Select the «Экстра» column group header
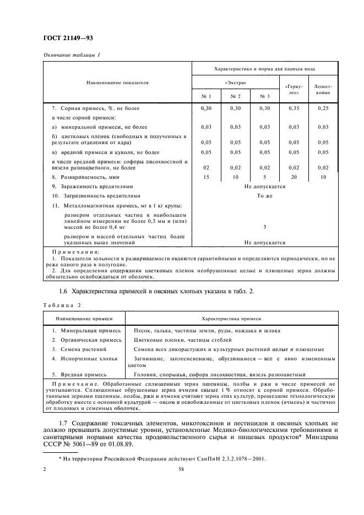[x=235, y=83]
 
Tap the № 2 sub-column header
[x=235, y=96]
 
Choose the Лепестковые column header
[x=323, y=89]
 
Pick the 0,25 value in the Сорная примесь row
[x=323, y=108]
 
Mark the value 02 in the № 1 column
[x=206, y=167]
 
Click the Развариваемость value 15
[x=206, y=177]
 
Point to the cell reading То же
[x=264, y=195]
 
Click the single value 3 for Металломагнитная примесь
[x=264, y=227]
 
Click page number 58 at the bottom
[x=181, y=469]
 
